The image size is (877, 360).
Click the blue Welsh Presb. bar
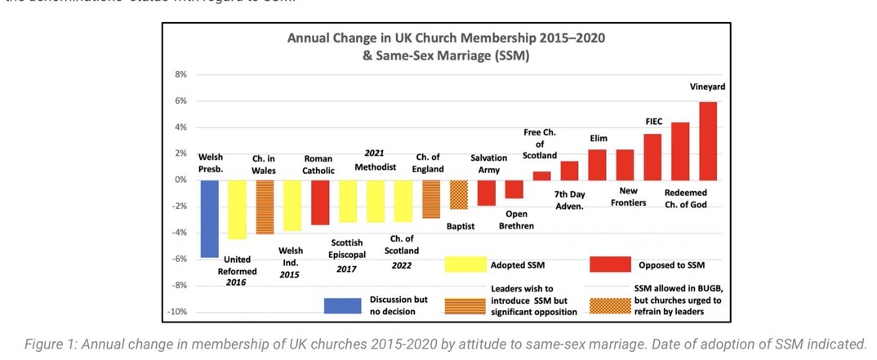(x=209, y=218)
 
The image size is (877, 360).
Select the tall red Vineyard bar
(x=708, y=140)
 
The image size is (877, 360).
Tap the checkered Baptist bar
(x=459, y=194)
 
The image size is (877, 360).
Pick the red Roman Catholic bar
(x=320, y=202)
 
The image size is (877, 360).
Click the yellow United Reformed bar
(x=237, y=209)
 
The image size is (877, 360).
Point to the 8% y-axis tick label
(x=181, y=74)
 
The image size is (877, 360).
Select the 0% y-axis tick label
(x=181, y=180)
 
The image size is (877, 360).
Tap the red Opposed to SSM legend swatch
(x=610, y=264)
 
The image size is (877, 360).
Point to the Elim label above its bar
(x=599, y=139)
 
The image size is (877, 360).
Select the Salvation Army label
(x=489, y=163)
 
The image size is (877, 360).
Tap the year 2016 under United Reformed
(x=237, y=282)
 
